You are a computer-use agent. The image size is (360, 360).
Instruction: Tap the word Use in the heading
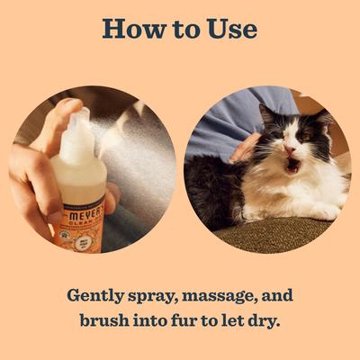pyautogui.click(x=229, y=28)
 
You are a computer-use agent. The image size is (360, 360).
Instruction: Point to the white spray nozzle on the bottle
pyautogui.click(x=79, y=126)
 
